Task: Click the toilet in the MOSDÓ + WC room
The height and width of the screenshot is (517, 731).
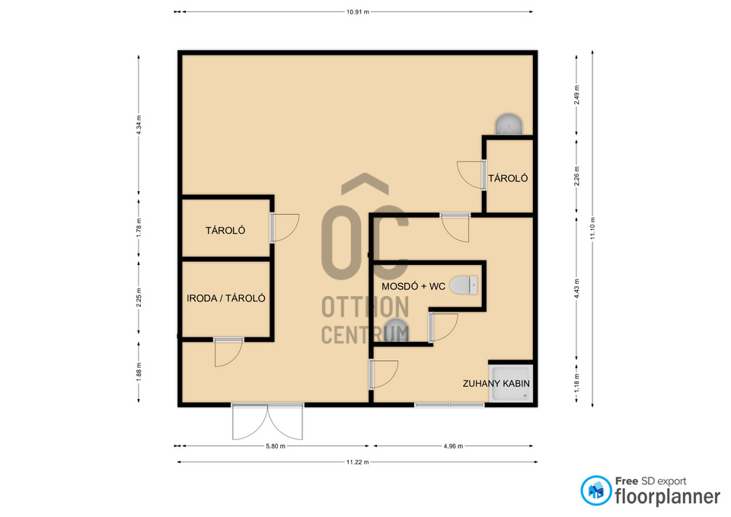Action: pos(464,285)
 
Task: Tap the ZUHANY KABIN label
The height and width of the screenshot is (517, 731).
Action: pos(496,384)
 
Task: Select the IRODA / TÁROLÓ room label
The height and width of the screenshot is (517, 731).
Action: pos(226,298)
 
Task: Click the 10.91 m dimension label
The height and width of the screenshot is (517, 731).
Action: pos(358,11)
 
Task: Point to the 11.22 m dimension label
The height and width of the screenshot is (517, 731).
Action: pos(358,462)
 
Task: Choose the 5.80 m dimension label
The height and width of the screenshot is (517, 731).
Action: pos(276,446)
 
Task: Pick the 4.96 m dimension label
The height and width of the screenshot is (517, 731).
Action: pos(453,446)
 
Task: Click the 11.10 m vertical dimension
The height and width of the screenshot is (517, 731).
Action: pos(592,228)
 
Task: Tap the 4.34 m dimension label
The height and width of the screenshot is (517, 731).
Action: pos(139,125)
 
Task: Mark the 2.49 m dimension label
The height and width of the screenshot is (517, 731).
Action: pos(576,94)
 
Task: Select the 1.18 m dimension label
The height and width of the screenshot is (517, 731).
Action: pos(576,383)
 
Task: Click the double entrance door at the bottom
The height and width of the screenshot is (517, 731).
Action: pos(267,422)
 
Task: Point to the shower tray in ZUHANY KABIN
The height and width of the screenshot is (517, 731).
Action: pos(511,383)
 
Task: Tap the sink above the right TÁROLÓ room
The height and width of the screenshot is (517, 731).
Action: pos(508,124)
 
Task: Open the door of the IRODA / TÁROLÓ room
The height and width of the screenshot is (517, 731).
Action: pos(228,353)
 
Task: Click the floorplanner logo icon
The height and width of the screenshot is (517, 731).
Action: pos(595,490)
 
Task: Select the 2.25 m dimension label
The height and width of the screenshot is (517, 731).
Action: pos(139,298)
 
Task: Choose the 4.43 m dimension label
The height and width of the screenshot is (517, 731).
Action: pos(576,289)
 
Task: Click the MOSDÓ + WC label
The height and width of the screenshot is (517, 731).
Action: pos(413,286)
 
